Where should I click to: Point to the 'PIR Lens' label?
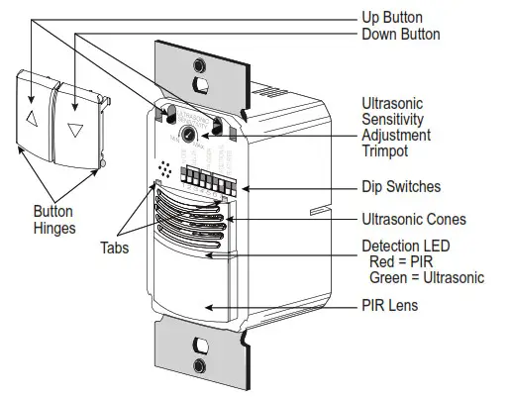[x=391, y=306]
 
